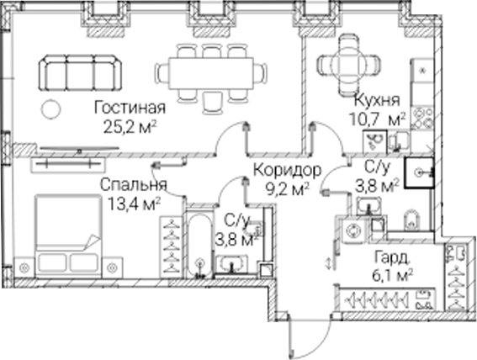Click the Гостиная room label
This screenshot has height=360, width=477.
coord(130,108)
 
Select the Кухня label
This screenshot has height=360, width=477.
coord(377,100)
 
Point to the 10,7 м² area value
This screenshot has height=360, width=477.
coord(377,119)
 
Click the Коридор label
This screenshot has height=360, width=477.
coord(287,170)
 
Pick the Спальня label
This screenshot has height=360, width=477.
coord(134,184)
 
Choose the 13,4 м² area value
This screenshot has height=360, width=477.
coord(134,204)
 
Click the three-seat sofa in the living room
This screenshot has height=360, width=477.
coord(80,72)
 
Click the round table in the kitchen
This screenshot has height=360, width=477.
coord(348,64)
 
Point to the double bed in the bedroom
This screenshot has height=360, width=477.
coord(68,236)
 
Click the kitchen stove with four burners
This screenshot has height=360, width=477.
coord(422,118)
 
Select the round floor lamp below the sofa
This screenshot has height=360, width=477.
coord(50,109)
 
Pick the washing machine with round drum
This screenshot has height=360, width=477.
coord(354,230)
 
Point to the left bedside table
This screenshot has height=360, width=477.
coord(24,267)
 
